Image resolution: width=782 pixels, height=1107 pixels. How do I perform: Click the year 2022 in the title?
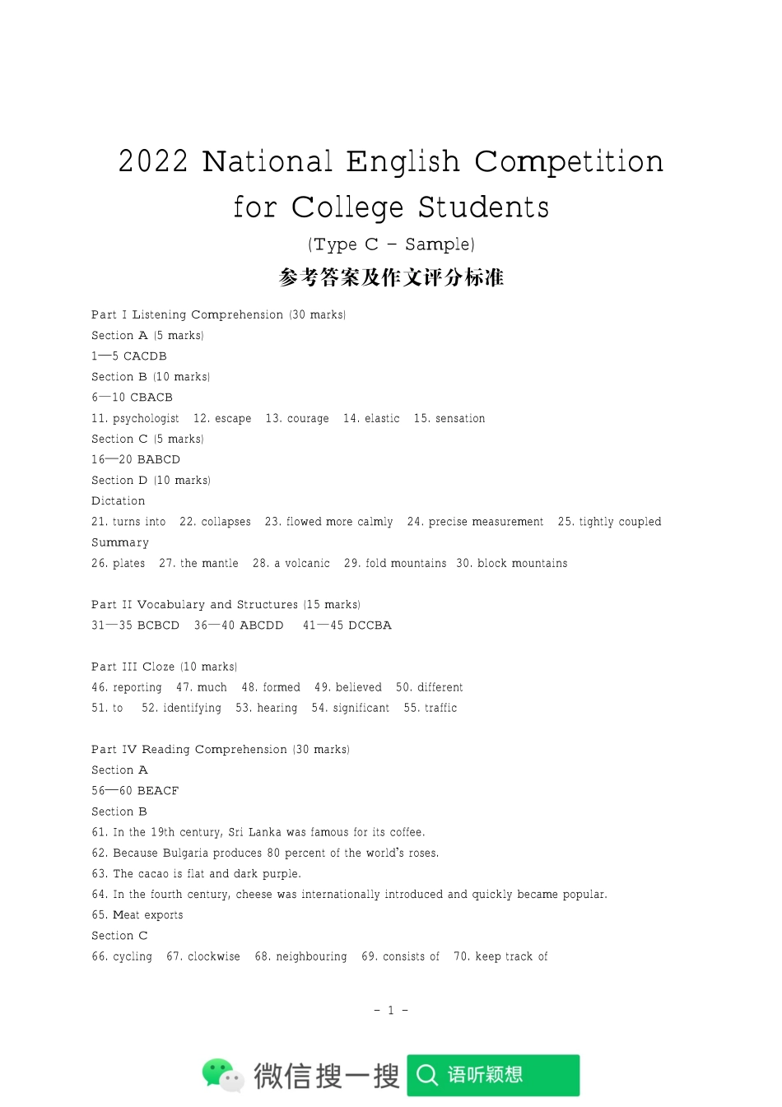[x=153, y=161]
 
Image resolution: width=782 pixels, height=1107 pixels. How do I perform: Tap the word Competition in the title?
[x=569, y=161]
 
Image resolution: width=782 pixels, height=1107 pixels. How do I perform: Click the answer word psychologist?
[x=146, y=419]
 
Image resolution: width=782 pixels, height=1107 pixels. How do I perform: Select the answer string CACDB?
[x=145, y=356]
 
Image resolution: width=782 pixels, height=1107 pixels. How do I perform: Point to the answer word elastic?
[x=382, y=419]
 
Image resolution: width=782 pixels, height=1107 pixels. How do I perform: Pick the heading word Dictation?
[x=119, y=501]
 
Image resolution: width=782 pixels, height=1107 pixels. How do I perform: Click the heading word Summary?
[x=120, y=542]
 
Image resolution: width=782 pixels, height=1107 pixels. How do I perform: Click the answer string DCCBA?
[x=370, y=626]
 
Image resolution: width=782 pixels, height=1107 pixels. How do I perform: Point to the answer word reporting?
[x=137, y=688]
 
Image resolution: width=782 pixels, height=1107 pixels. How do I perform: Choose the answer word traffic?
[x=441, y=709]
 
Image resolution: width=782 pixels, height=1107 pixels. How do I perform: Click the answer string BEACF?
[x=158, y=791]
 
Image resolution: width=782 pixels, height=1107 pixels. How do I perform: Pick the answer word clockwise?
[x=214, y=956]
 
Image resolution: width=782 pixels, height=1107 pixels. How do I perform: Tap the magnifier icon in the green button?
[x=427, y=1075]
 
